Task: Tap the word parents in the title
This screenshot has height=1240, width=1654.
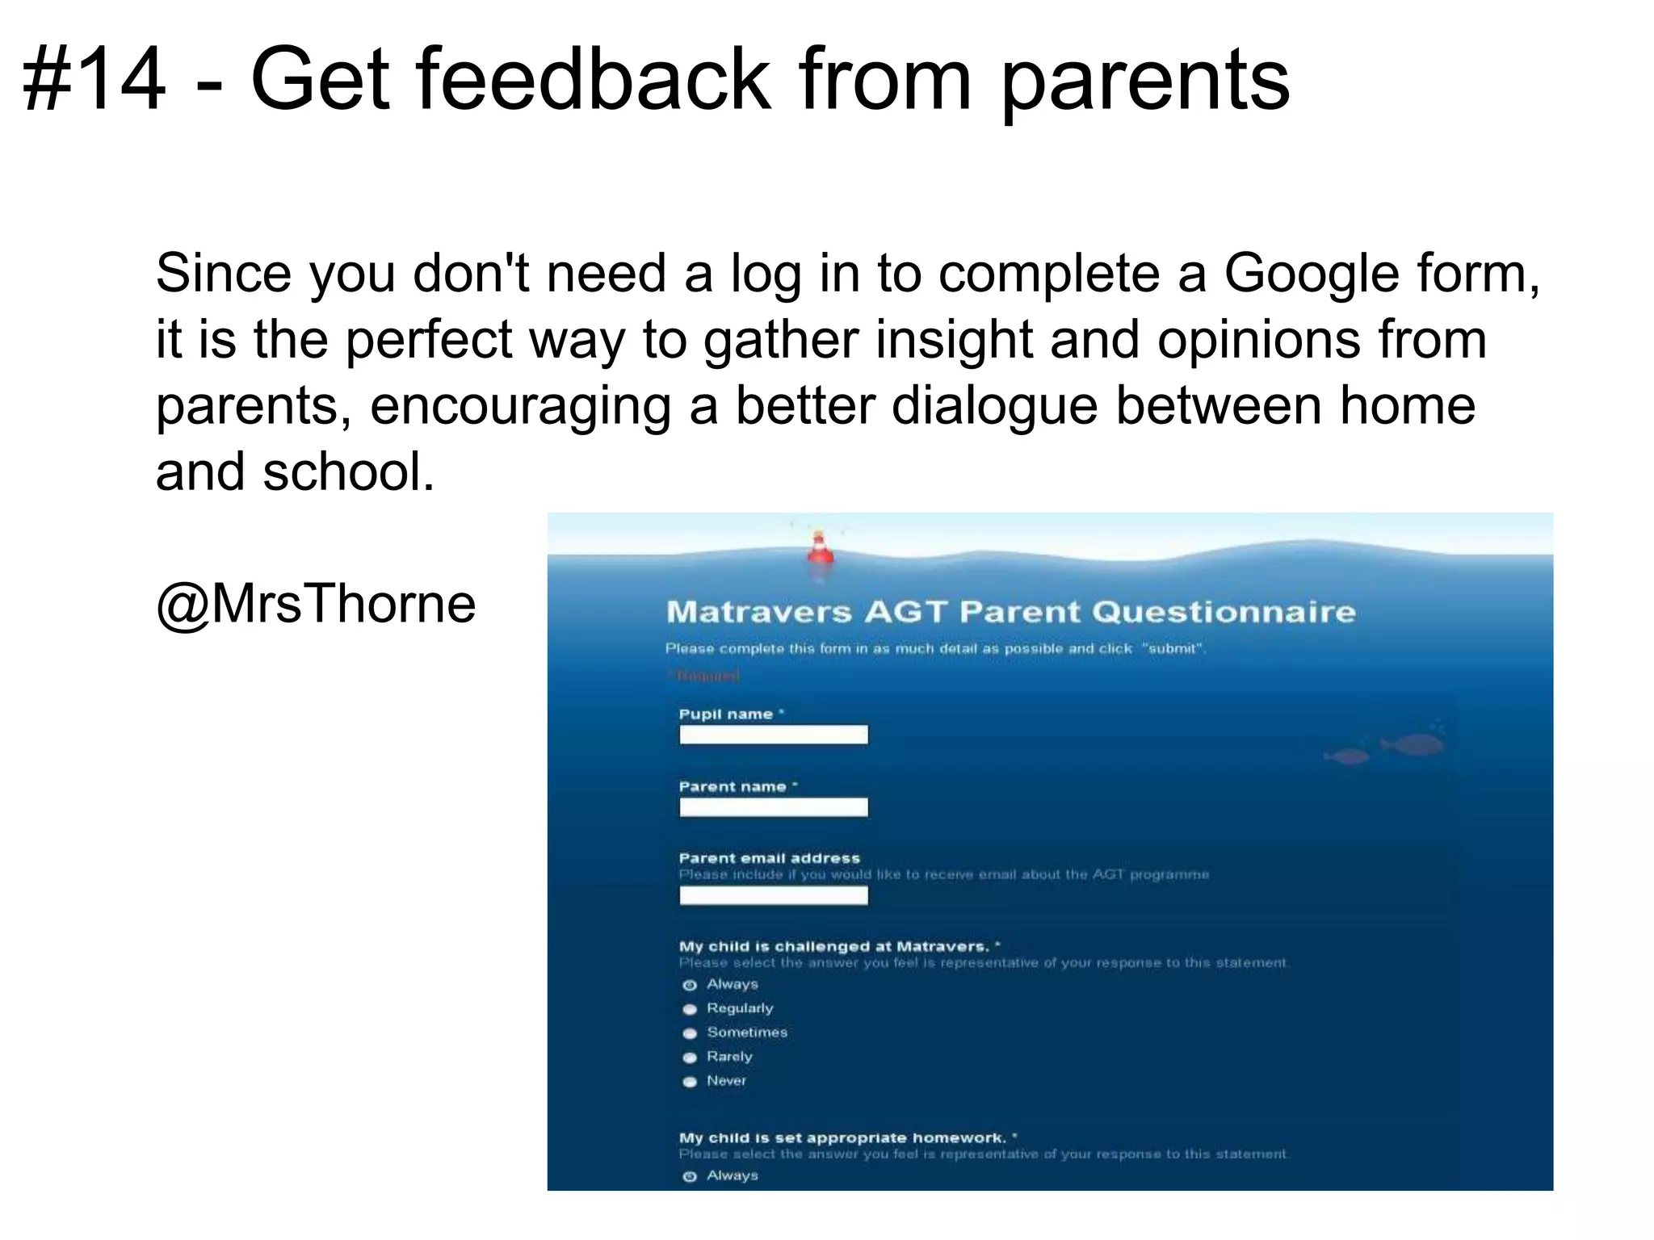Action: [x=1144, y=81]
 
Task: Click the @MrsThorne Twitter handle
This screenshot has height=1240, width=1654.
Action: [x=316, y=603]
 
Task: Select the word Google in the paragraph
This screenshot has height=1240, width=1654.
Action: [x=1312, y=274]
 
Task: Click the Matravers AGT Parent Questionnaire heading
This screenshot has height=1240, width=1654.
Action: [x=1010, y=612]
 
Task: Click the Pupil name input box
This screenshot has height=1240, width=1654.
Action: [x=773, y=735]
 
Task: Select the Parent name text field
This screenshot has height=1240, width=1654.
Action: [x=773, y=807]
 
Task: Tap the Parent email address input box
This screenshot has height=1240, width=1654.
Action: [x=773, y=895]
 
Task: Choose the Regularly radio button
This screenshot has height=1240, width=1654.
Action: [x=690, y=1009]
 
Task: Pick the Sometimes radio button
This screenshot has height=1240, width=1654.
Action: [x=690, y=1033]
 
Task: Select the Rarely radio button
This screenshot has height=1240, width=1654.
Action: [x=690, y=1058]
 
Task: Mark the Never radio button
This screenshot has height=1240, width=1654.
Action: [x=690, y=1082]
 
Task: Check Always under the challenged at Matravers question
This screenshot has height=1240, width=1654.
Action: [x=690, y=985]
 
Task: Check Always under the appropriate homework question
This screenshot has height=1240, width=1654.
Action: [x=690, y=1176]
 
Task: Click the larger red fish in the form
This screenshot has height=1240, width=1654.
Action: [x=1413, y=744]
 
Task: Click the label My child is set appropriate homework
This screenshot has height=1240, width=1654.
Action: [x=843, y=1137]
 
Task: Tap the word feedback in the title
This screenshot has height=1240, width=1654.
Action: [x=594, y=81]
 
